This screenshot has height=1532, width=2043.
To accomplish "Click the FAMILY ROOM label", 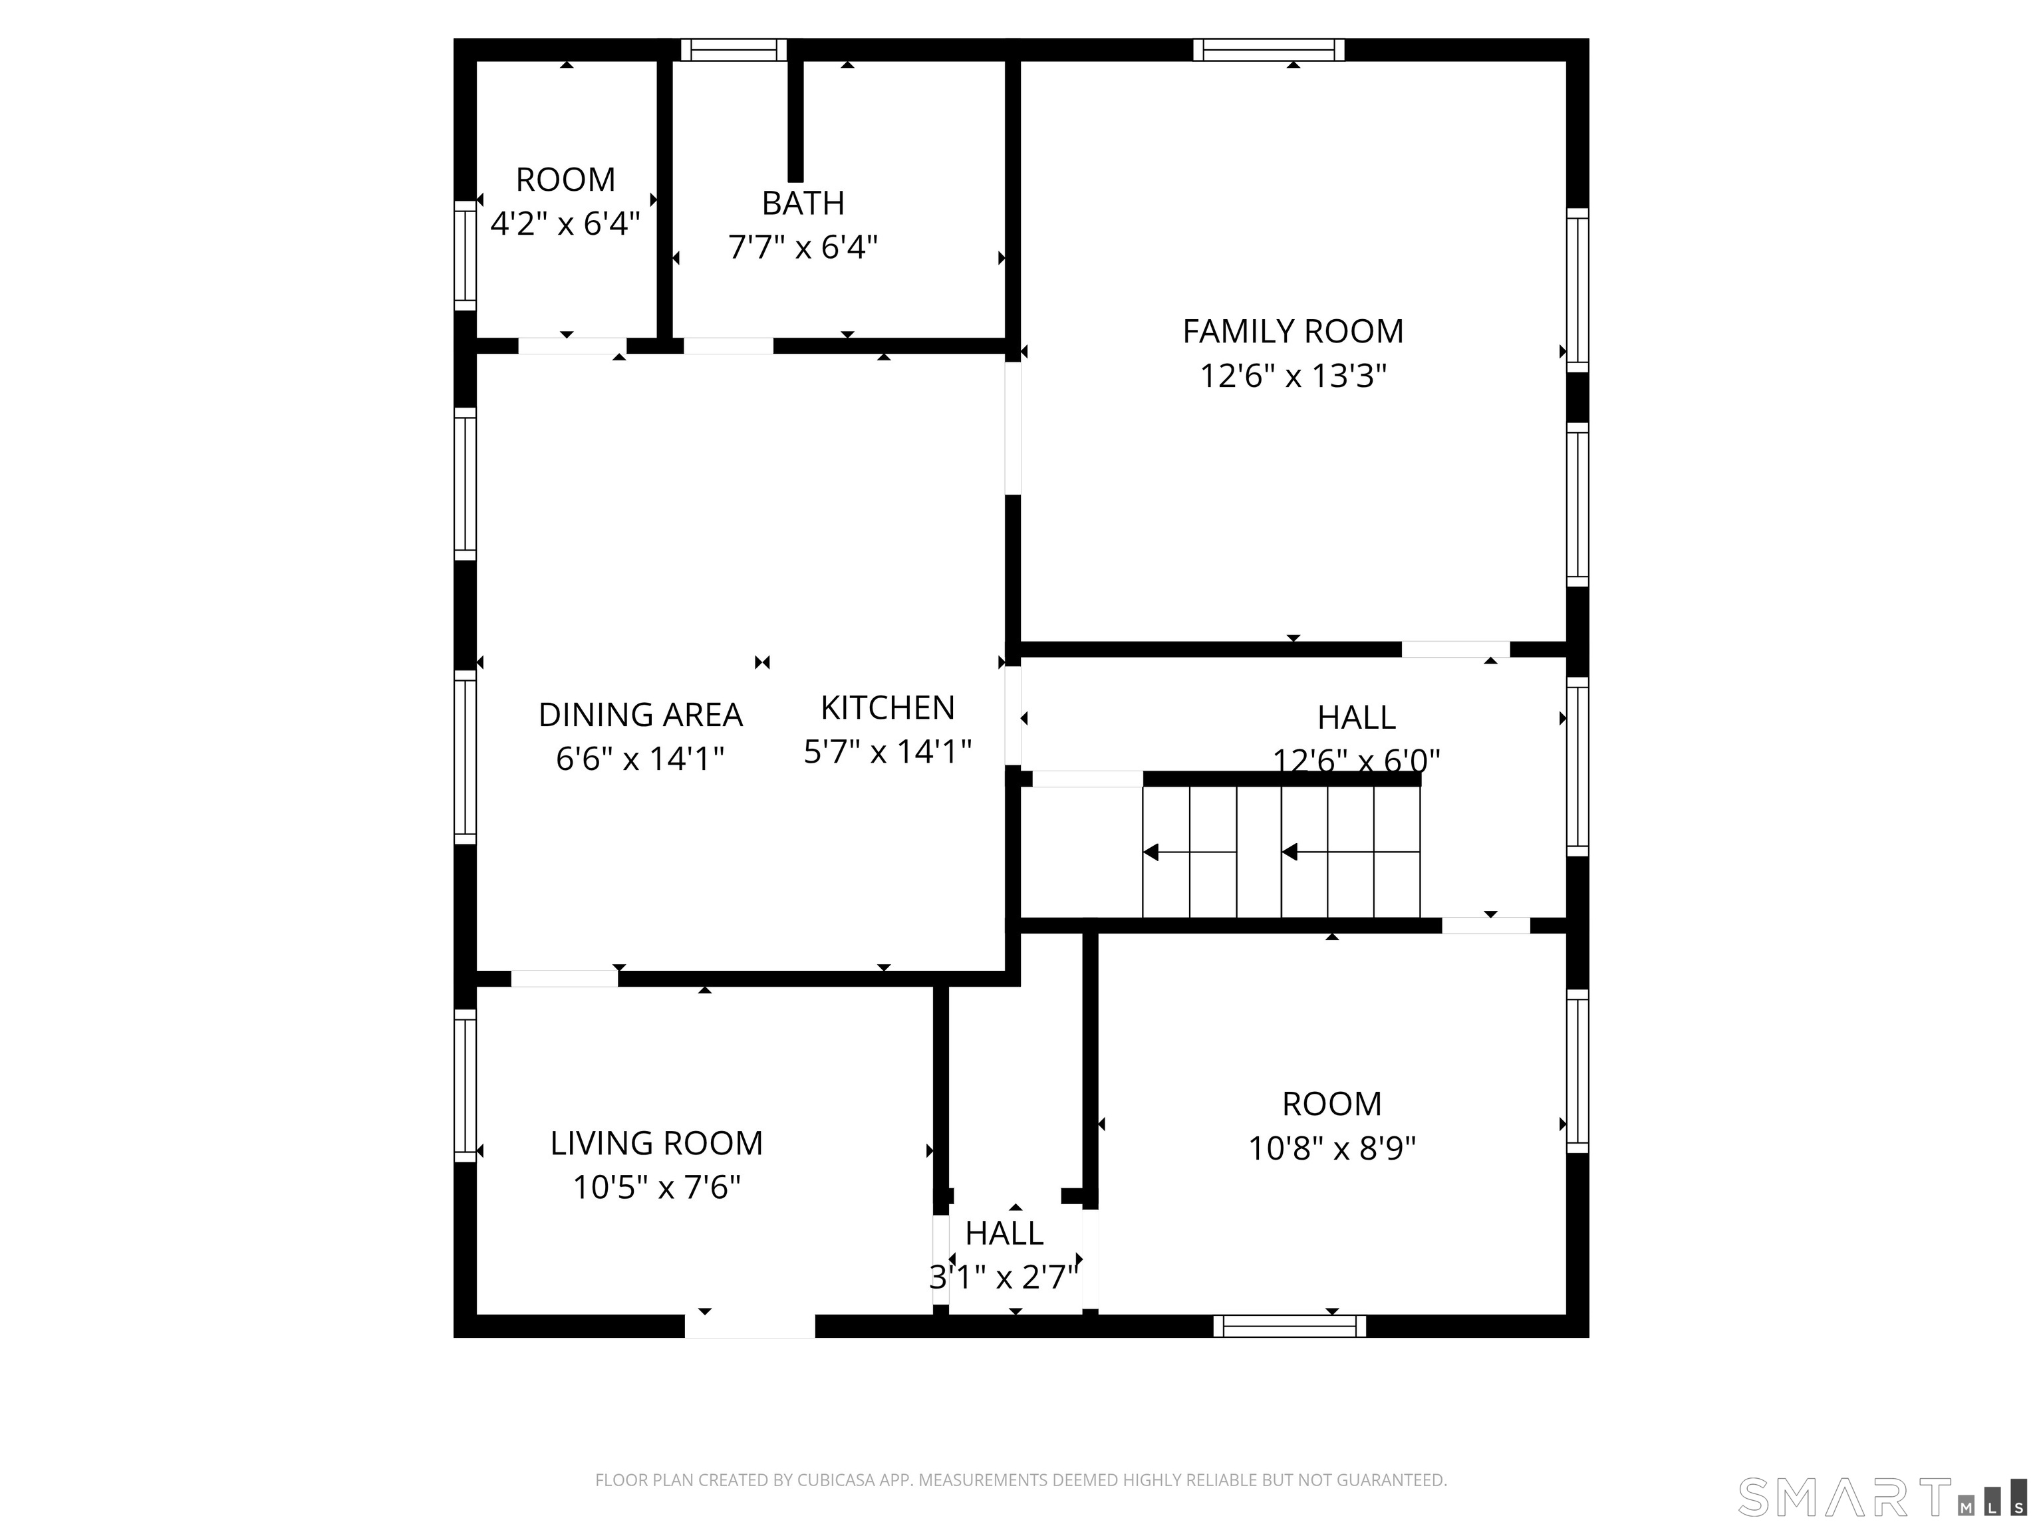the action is pyautogui.click(x=1293, y=332).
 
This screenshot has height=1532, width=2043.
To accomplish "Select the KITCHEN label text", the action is pyautogui.click(x=888, y=708).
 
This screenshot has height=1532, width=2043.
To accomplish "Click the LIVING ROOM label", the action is pyautogui.click(x=656, y=1143).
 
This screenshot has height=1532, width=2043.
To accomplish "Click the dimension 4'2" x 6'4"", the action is pyautogui.click(x=565, y=223).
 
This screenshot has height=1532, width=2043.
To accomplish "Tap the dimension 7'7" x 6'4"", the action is pyautogui.click(x=803, y=247).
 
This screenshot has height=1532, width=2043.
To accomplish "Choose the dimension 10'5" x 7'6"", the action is pyautogui.click(x=656, y=1187).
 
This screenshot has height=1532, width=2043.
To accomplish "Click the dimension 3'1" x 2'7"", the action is pyautogui.click(x=1004, y=1277).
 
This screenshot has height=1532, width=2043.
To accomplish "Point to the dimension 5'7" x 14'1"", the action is pyautogui.click(x=888, y=751).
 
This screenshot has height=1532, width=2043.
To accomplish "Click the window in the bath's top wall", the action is pyautogui.click(x=734, y=50).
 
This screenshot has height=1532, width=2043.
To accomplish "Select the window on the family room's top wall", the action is pyautogui.click(x=1268, y=50).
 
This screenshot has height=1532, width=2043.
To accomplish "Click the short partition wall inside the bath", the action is pyautogui.click(x=795, y=120).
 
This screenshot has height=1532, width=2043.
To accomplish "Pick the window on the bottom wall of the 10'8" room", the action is pyautogui.click(x=1290, y=1326).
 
